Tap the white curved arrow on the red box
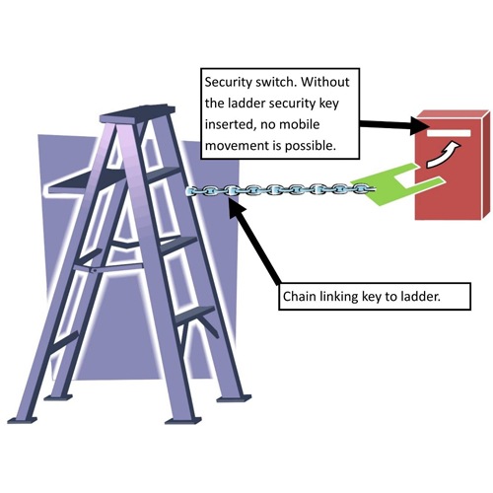tap(444, 154)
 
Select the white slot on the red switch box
tap(449, 133)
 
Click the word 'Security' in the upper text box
tap(229, 82)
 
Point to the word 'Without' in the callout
tap(325, 82)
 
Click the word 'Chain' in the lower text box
tap(299, 297)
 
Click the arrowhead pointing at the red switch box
tap(420, 125)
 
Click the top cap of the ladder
tap(138, 113)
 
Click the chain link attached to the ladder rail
tap(193, 191)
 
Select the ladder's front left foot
tap(23, 420)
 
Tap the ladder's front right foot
tap(183, 421)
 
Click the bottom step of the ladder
tap(194, 317)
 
